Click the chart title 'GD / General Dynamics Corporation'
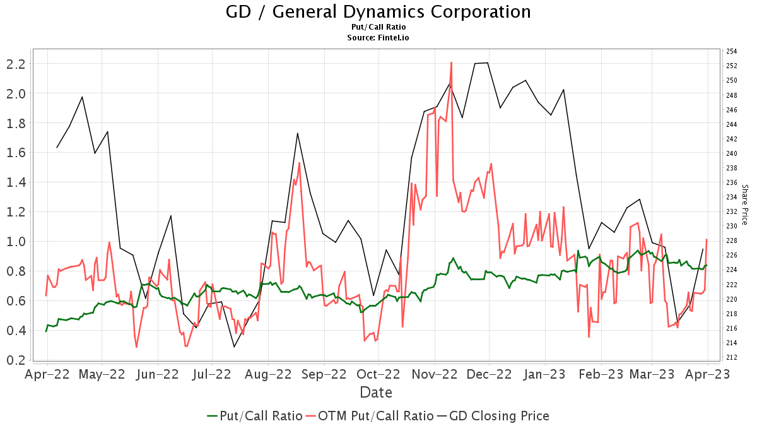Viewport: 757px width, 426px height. [378, 12]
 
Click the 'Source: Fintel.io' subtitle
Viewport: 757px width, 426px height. [378, 38]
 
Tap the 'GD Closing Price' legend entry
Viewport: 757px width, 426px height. [492, 416]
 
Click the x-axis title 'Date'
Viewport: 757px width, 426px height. [376, 393]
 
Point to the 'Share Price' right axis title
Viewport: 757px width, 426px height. [744, 204]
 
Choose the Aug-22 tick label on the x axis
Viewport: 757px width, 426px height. [267, 374]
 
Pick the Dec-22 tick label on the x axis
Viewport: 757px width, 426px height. [489, 374]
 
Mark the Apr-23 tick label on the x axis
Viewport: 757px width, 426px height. [707, 374]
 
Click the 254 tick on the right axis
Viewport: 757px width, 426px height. [732, 51]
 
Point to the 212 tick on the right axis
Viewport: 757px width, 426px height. [732, 357]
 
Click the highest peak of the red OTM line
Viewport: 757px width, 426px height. [452, 62]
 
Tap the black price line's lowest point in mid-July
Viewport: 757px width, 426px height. [234, 347]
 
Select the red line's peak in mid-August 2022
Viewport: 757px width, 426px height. [299, 163]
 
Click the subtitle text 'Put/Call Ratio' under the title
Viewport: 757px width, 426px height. [378, 27]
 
